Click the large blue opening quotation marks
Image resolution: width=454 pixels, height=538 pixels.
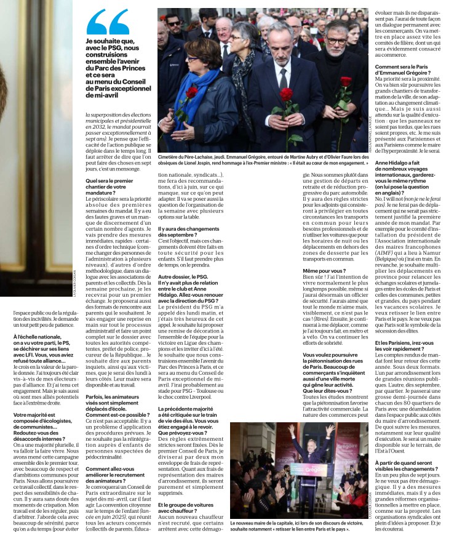(108, 23)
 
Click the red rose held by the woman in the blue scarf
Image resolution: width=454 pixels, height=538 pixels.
(192, 93)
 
